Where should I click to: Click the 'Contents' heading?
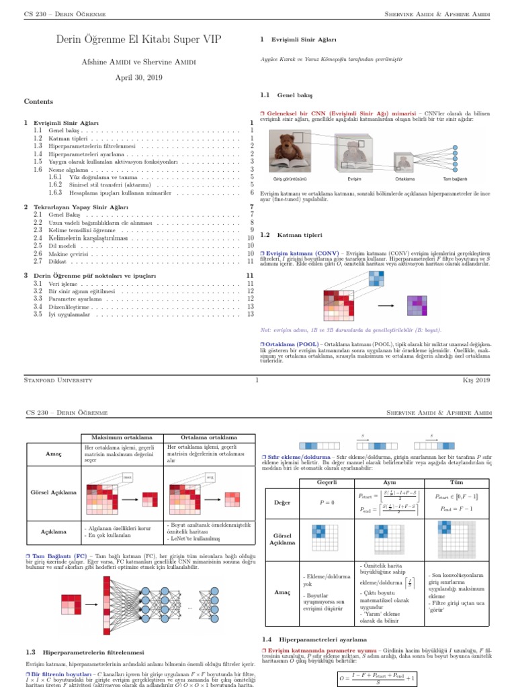[x=38, y=101]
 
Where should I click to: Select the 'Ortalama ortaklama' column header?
[x=208, y=437]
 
